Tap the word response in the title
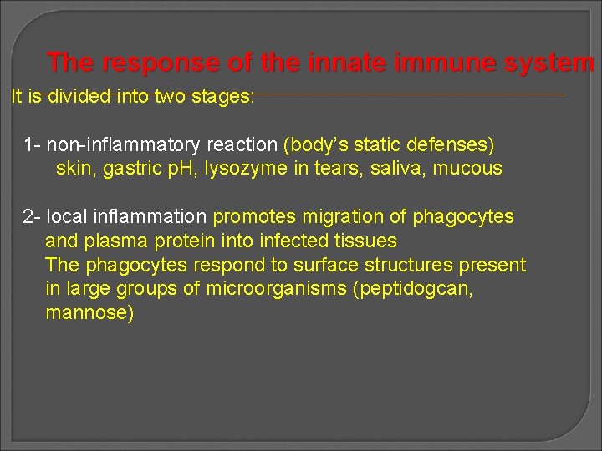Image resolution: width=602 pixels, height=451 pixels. point(159,63)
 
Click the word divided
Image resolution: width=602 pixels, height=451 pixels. point(79,96)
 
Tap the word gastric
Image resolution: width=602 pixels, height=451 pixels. point(131,169)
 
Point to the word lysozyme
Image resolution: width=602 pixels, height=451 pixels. point(242,169)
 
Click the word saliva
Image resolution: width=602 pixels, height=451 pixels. point(398,169)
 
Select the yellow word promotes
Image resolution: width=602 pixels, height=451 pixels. point(254,217)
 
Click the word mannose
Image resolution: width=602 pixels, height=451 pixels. point(89,314)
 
